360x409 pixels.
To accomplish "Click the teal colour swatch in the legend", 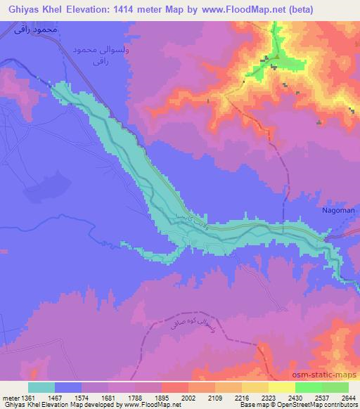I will (41, 387).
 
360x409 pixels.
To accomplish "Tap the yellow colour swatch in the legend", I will (282, 387).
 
